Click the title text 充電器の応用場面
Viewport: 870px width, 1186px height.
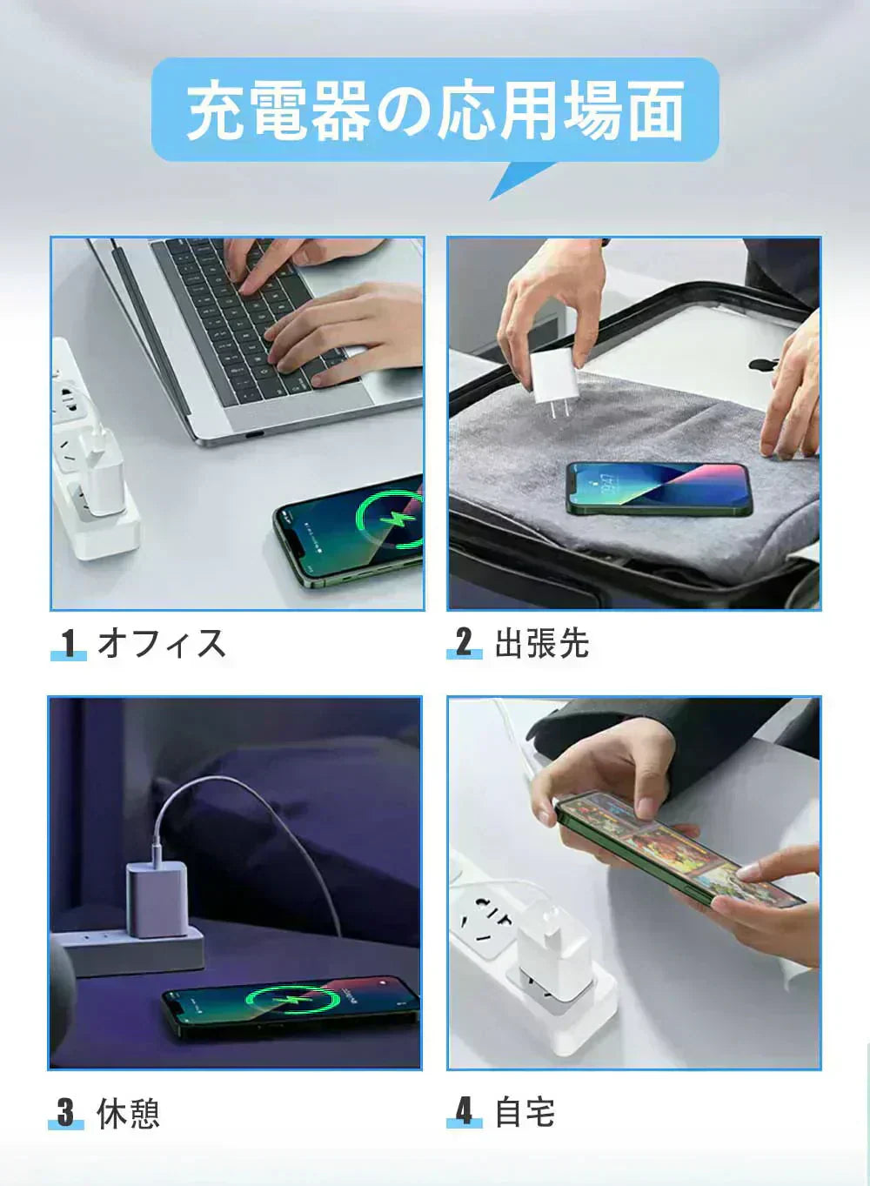[x=435, y=111]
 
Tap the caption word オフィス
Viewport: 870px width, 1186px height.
[x=162, y=644]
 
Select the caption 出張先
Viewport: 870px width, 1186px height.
[x=541, y=644]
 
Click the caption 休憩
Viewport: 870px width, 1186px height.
[x=128, y=1113]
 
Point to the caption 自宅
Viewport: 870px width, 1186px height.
[x=525, y=1112]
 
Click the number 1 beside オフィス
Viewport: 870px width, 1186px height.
[x=69, y=644]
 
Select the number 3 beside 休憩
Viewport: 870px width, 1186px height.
[x=66, y=1113]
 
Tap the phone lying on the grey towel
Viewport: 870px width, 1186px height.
[x=659, y=488]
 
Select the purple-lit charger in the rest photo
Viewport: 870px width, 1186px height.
[x=157, y=900]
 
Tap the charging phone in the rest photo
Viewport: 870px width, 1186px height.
[x=291, y=1005]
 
